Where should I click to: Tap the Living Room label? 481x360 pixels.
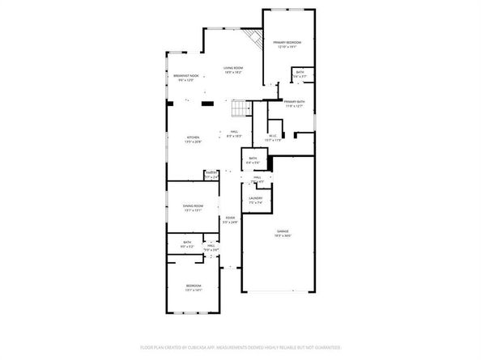pyautogui.click(x=234, y=69)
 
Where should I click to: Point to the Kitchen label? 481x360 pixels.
pyautogui.click(x=193, y=138)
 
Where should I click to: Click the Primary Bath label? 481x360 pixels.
pyautogui.click(x=294, y=101)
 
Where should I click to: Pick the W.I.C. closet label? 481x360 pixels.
pyautogui.click(x=273, y=136)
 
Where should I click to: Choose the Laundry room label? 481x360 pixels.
pyautogui.click(x=255, y=197)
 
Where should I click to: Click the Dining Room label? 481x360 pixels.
pyautogui.click(x=193, y=206)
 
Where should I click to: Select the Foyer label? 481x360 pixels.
pyautogui.click(x=230, y=218)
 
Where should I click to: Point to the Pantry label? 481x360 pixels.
pyautogui.click(x=211, y=172)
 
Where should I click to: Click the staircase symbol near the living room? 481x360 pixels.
pyautogui.click(x=238, y=108)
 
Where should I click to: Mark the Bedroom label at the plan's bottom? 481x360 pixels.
pyautogui.click(x=194, y=286)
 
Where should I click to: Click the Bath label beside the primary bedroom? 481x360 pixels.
pyautogui.click(x=300, y=73)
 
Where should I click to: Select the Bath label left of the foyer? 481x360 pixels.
pyautogui.click(x=186, y=242)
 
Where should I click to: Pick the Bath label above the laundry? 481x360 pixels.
pyautogui.click(x=253, y=158)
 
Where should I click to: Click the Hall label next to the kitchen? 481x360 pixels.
pyautogui.click(x=234, y=132)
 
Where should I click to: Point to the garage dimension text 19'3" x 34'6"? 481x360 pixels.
pyautogui.click(x=282, y=236)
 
